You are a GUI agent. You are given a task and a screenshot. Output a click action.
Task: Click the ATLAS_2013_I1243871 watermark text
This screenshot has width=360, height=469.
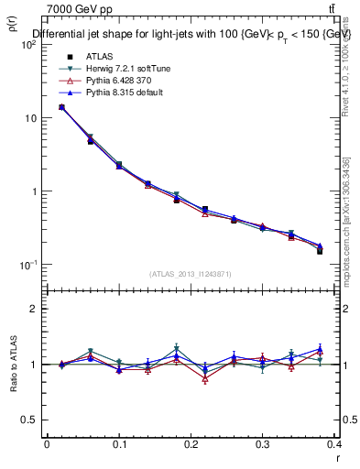(x=191, y=275)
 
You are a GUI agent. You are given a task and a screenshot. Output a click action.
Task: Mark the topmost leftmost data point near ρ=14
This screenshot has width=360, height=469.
(x=61, y=107)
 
